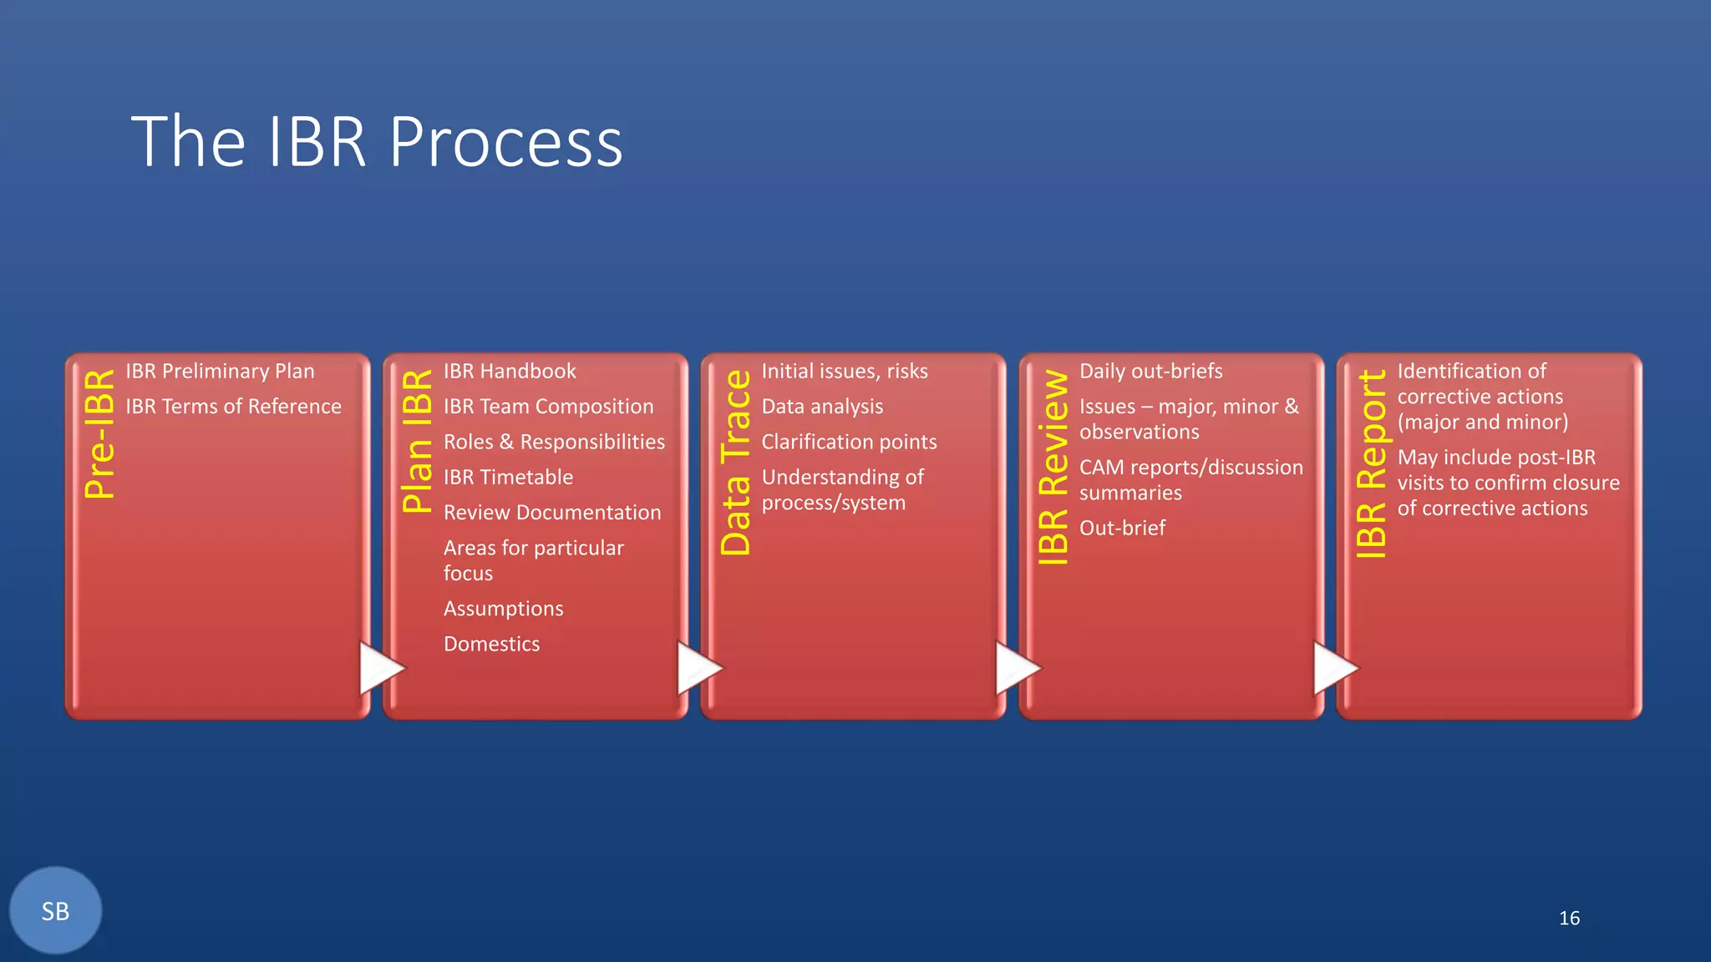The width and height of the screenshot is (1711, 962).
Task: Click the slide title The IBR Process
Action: tap(377, 142)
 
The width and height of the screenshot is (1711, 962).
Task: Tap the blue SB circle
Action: tap(56, 910)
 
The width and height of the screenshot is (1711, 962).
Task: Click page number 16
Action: tap(1569, 918)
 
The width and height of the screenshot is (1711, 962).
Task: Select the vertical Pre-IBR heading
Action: tap(100, 434)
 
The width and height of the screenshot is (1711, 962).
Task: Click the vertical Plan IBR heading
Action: tap(418, 441)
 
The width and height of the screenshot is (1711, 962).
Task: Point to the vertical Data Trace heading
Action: tap(736, 463)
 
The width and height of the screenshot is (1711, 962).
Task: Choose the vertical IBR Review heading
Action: tap(1054, 468)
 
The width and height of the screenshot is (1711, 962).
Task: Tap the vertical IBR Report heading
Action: tap(1371, 464)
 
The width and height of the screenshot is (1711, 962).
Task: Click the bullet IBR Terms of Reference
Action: tap(233, 407)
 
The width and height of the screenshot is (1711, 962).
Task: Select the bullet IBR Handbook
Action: tap(510, 371)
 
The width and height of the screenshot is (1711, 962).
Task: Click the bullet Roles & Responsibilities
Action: tap(554, 442)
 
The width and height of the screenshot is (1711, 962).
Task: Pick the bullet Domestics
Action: tap(491, 644)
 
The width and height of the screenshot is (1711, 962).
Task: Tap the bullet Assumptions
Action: tap(503, 609)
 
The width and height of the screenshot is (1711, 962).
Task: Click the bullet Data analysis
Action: tap(822, 407)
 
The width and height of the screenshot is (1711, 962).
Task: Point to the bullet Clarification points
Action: tap(849, 442)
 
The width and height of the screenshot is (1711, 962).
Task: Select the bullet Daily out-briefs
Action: tap(1150, 371)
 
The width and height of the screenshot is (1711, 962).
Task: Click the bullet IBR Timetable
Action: tap(508, 478)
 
